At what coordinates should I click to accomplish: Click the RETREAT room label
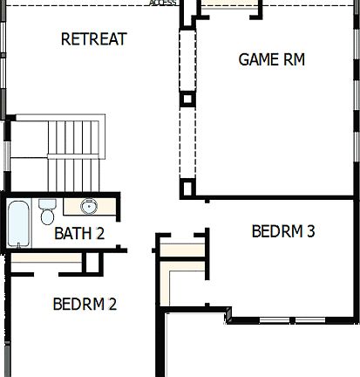[94, 39]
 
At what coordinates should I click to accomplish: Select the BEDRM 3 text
[282, 231]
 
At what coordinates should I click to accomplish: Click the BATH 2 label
[79, 233]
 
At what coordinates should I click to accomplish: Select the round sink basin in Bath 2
[89, 207]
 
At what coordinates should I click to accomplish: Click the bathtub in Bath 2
[18, 223]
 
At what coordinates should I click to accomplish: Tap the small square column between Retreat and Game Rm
[186, 99]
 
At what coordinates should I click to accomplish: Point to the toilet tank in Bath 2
[47, 203]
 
